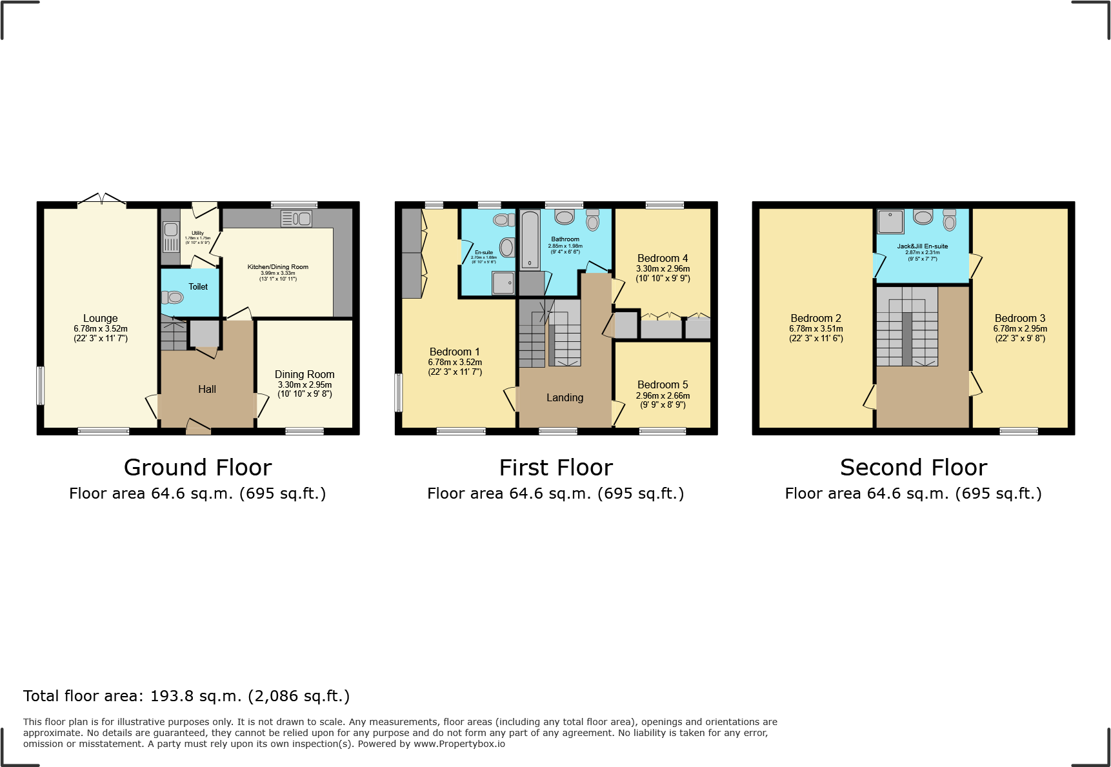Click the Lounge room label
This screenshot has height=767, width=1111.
tap(100, 318)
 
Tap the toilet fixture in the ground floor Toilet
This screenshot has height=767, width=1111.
tap(173, 297)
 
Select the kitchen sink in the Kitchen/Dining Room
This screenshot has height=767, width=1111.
tap(297, 219)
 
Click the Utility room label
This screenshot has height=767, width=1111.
tap(197, 233)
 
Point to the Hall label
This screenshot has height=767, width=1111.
tap(207, 389)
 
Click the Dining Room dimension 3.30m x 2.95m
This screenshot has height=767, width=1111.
tap(305, 384)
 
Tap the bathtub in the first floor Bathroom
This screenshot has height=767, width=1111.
tap(530, 240)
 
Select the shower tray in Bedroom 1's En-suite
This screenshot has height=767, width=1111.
tap(503, 283)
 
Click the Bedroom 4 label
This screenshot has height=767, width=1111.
tap(663, 258)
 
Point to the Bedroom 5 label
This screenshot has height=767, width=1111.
tap(663, 384)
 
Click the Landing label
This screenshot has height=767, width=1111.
tap(565, 397)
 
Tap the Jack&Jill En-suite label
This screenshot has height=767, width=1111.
tap(922, 246)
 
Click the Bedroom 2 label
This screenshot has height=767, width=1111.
tap(816, 318)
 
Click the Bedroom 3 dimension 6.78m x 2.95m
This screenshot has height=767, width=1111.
tap(1020, 328)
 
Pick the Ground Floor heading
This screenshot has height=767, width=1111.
tap(197, 467)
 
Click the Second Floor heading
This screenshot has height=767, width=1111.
tap(913, 467)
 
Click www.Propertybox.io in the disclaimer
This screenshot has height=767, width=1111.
tap(459, 744)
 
